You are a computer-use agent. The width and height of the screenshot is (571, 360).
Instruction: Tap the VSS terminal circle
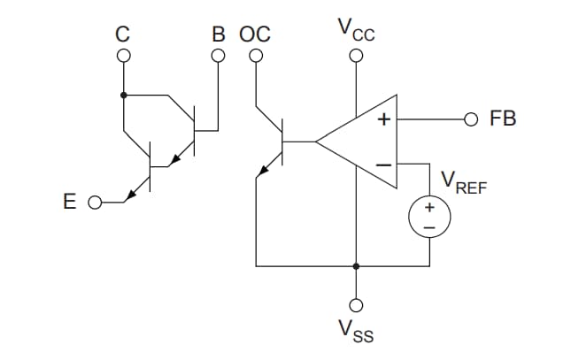356,304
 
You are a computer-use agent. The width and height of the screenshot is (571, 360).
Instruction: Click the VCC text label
356,30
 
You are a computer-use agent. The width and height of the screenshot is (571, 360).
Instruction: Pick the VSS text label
356,333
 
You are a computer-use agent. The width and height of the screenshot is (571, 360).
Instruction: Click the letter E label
70,202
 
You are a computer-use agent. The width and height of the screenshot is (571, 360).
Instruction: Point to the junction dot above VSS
356,265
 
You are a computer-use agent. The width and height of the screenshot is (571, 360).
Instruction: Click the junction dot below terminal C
123,95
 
